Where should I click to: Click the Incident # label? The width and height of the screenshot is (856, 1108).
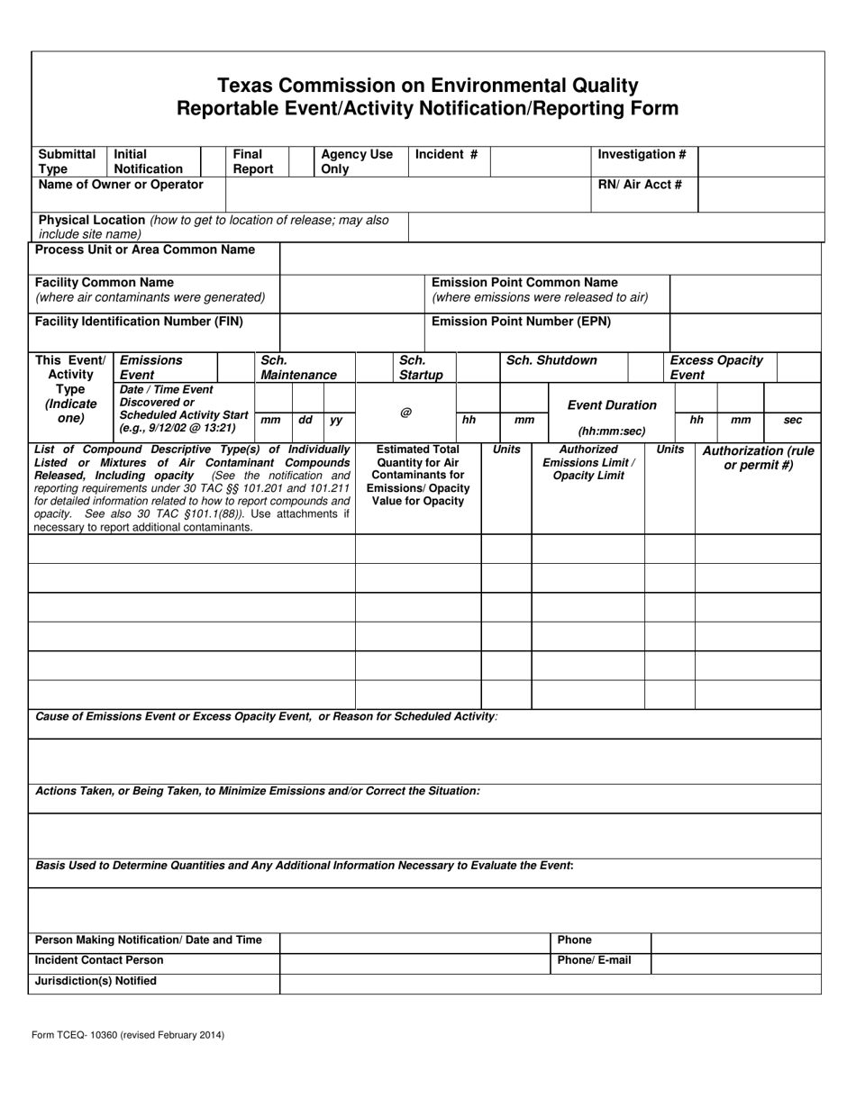(x=446, y=155)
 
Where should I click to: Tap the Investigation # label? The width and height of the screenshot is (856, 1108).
(x=642, y=155)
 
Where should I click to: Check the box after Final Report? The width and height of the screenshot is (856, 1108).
(x=300, y=161)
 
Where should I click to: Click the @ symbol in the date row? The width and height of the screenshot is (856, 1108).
(x=405, y=413)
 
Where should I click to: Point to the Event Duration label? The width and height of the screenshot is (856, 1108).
(x=612, y=405)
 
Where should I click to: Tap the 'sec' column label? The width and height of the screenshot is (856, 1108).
(x=793, y=420)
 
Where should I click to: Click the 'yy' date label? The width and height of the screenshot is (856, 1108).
(x=336, y=420)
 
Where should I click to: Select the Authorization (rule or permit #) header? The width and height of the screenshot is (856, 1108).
(x=758, y=458)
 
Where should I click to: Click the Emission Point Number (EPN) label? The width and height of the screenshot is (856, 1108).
(x=522, y=321)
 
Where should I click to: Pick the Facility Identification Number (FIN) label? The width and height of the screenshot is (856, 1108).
(x=139, y=321)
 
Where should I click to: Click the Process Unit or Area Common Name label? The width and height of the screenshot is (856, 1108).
(x=144, y=250)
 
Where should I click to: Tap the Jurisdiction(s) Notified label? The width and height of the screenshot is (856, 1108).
(x=96, y=981)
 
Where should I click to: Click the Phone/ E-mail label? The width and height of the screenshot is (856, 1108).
(x=594, y=960)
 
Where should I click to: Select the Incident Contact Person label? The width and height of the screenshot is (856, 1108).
(x=99, y=960)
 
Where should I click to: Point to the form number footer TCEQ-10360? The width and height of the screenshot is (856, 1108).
(x=129, y=1035)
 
